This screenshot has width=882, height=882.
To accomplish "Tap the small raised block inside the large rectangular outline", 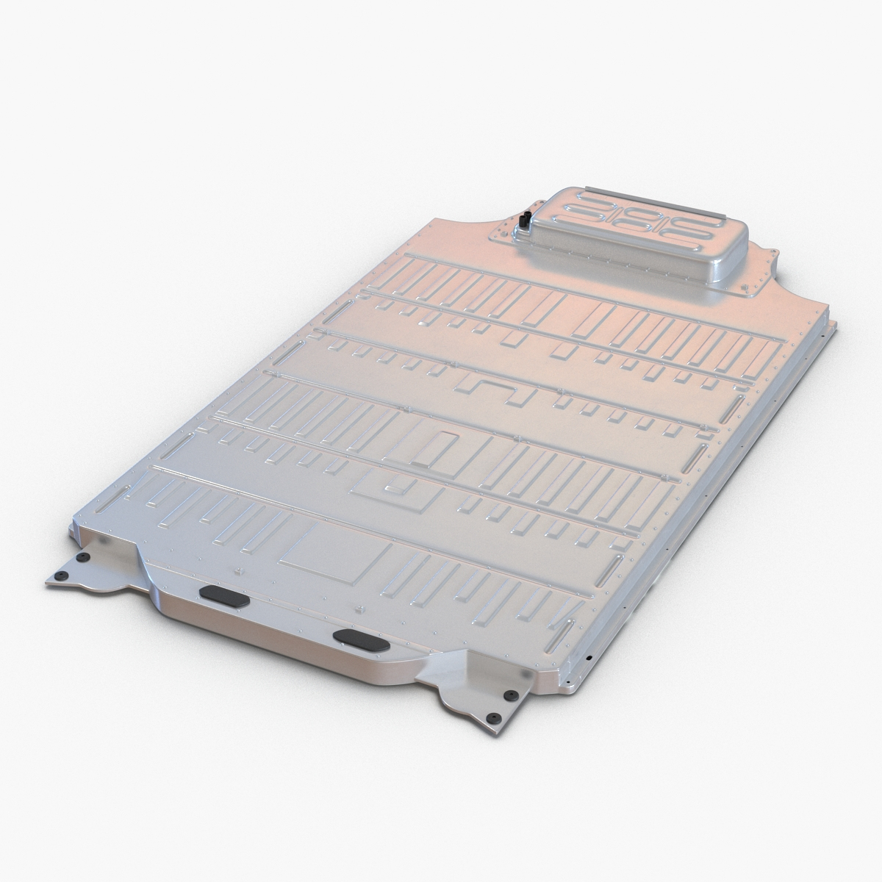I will click(397, 486).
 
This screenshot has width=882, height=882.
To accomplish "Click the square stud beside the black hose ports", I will click(520, 234).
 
